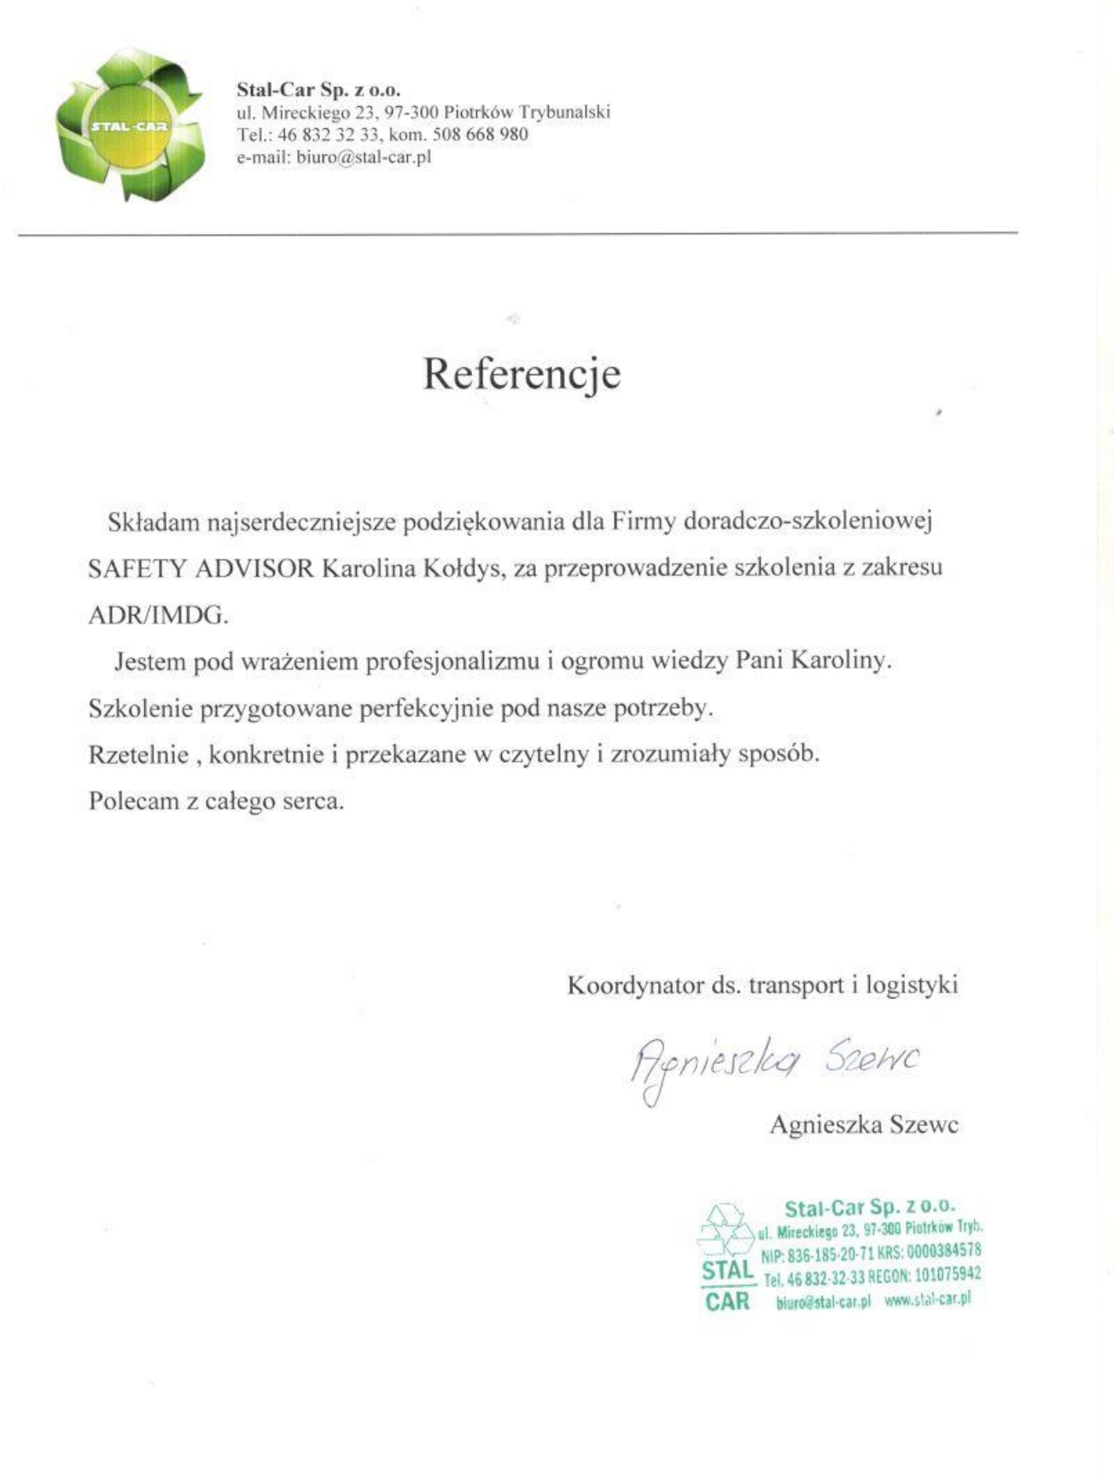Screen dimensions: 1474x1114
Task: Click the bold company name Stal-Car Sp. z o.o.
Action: [318, 90]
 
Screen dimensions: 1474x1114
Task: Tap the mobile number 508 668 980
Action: [481, 134]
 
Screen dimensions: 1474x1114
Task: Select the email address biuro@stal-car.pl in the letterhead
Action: [363, 156]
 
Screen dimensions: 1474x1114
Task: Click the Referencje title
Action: [522, 373]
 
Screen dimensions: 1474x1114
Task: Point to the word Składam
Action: [154, 522]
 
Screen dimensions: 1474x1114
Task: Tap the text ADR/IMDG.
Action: [158, 615]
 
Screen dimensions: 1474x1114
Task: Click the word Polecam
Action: [133, 801]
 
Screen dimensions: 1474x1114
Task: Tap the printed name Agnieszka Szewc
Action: [864, 1124]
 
